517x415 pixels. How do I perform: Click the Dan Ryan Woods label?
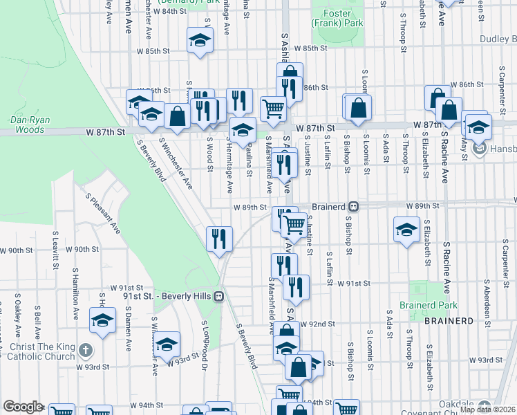point(28,124)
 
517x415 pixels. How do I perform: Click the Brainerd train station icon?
point(353,206)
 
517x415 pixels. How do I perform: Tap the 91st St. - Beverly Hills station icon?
point(218,296)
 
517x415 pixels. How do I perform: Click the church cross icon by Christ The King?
point(84,351)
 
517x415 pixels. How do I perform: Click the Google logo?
point(23,407)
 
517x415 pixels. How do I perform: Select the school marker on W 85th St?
point(200,39)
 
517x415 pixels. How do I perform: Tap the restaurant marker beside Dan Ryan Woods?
point(219,239)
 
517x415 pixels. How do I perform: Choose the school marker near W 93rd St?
point(167,344)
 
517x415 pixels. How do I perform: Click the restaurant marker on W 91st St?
point(295,287)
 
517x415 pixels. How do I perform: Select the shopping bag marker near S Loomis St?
point(358,108)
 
